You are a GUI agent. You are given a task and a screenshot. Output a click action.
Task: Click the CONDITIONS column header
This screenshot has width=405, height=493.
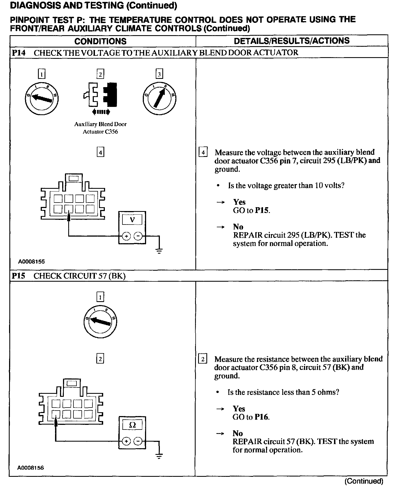[x=100, y=41]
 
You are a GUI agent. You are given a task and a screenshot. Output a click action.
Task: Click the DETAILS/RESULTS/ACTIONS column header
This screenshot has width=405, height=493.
[x=292, y=41]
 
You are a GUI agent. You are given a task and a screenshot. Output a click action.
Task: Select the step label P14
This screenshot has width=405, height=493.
[x=18, y=53]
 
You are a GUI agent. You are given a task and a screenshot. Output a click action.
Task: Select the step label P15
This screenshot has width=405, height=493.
[x=18, y=276]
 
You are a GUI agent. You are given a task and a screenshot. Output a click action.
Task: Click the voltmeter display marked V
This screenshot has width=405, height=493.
[x=132, y=220]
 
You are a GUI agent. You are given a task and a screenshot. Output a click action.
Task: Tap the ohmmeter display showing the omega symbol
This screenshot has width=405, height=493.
[x=132, y=425]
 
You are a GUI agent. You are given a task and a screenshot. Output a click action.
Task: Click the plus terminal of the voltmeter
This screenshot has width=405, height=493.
[x=126, y=236]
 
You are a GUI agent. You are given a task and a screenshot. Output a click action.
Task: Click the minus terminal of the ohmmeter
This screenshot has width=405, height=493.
[x=138, y=442]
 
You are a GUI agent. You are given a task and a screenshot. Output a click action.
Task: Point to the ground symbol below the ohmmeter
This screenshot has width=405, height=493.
[x=159, y=456]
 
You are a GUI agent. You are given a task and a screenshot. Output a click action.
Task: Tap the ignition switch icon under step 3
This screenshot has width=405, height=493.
[x=160, y=98]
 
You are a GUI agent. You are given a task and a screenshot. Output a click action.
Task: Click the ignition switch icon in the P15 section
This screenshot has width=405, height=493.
[x=100, y=322]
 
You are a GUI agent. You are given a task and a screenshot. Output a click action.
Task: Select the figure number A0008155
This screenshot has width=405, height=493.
[x=31, y=262]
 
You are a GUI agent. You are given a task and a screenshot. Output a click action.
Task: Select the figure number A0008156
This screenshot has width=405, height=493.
[x=31, y=467]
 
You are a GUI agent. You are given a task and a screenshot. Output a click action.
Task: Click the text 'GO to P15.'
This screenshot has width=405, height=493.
[x=251, y=211]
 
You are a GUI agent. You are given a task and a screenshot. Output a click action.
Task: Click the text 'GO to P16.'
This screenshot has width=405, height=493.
[x=251, y=417]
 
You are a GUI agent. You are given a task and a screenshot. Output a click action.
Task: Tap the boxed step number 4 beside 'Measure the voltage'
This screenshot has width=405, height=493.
[x=203, y=152]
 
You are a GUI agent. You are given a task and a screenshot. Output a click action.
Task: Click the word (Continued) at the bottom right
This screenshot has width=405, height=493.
[x=364, y=481]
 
